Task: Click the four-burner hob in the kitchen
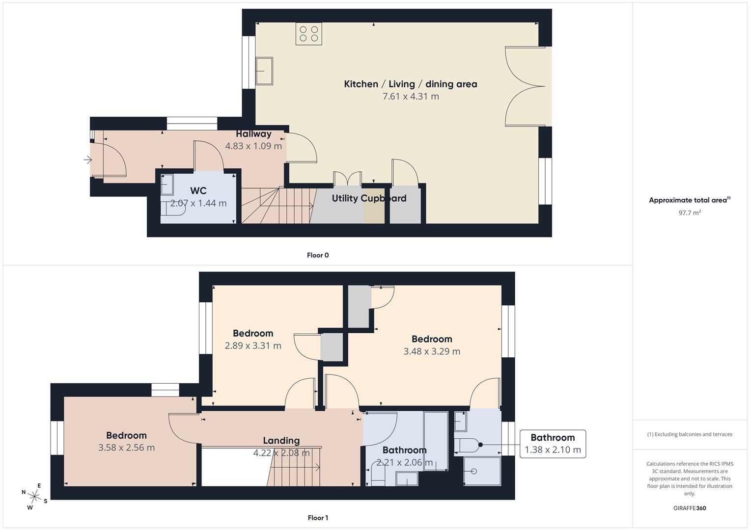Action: coord(308,33)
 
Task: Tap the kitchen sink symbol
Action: coord(264,71)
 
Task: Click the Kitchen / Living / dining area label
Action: coord(410,84)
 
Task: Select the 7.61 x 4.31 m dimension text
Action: coord(411,97)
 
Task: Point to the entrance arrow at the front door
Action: coord(88,159)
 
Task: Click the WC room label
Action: coord(198,190)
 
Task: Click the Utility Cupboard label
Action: coord(369,198)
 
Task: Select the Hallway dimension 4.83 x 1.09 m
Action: coord(253,146)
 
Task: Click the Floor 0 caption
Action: coord(318,255)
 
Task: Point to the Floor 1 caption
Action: coord(318,518)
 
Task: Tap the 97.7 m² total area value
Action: coord(690,212)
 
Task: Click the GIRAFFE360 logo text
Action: coord(690,508)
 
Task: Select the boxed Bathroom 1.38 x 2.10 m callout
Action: coord(553,444)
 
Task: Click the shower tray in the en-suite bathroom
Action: coord(482,472)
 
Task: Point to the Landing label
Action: coord(281,440)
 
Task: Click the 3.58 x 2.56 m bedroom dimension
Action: coord(126,448)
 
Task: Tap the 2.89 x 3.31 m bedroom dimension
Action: coord(253,345)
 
